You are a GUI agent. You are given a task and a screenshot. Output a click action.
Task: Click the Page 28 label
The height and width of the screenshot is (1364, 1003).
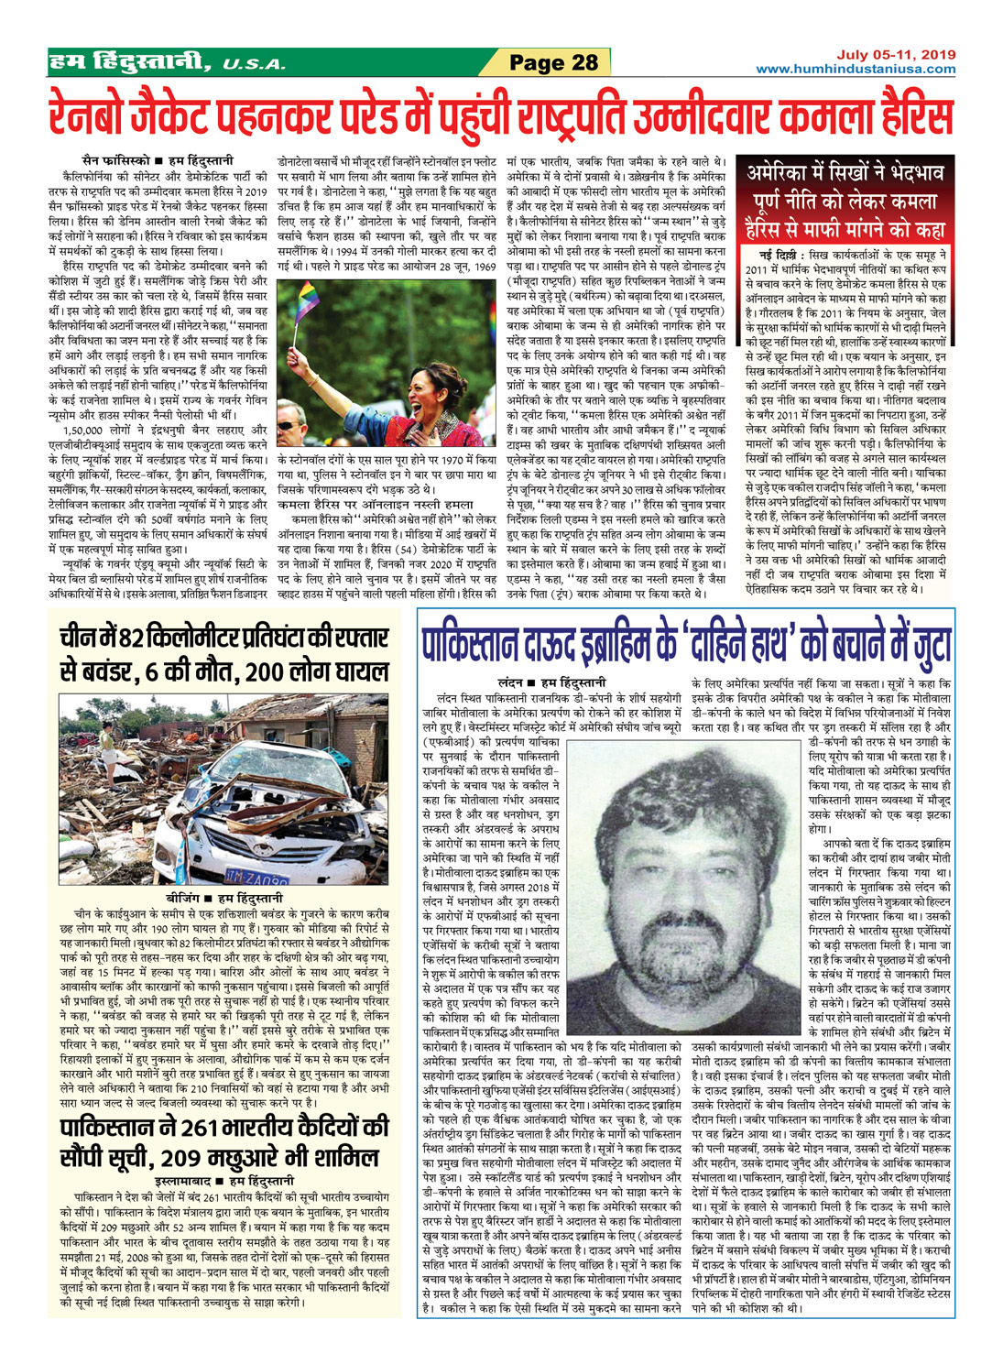(553, 62)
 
